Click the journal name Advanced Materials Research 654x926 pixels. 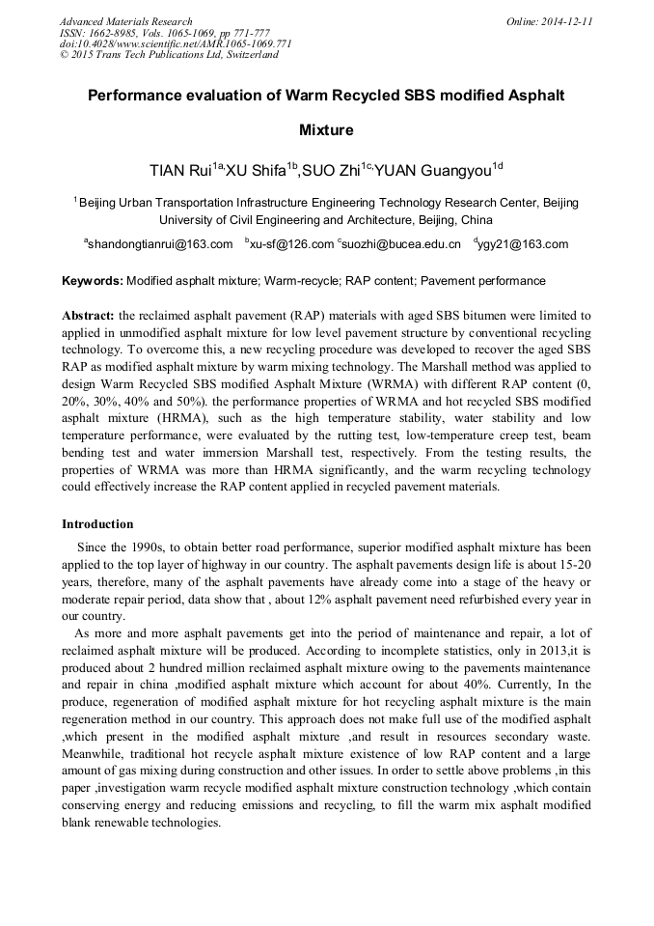coord(126,21)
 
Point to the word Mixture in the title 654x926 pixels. coord(326,129)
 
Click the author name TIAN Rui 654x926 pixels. coord(180,172)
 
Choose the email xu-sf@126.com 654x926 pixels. coord(292,245)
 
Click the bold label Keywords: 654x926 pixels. coord(93,281)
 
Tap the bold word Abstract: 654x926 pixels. coord(88,316)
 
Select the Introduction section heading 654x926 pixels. coord(97,524)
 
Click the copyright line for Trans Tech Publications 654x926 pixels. coord(170,55)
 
